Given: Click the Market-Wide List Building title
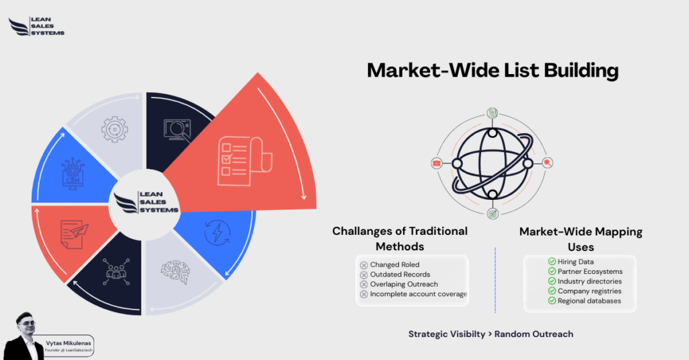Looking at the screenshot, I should [492, 70].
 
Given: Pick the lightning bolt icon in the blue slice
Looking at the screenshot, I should [217, 233].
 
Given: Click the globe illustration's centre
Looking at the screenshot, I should [492, 164].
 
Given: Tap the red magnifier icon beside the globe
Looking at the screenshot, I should [548, 163].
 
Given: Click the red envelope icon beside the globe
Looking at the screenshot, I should [436, 163].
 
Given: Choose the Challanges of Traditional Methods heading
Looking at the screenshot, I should [400, 239].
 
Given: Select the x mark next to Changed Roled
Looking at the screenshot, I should [364, 265].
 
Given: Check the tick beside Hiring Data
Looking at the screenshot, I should [552, 262].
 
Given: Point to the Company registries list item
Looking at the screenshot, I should [589, 291].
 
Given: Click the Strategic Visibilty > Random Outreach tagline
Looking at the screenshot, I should [491, 334].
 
